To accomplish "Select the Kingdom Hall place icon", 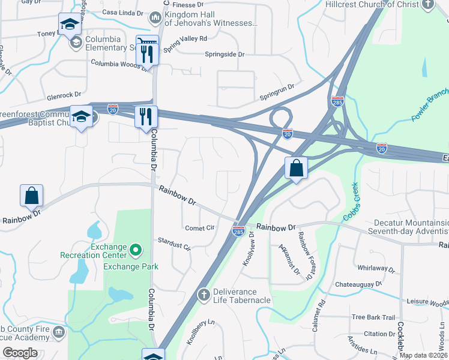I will [155, 18].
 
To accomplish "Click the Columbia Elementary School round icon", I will [77, 43].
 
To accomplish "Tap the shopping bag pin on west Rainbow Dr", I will [31, 196].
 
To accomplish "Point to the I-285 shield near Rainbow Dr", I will [238, 230].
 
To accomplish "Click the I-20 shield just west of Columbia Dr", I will [113, 109].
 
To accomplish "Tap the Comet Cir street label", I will [200, 228].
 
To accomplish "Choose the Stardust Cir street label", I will [173, 245].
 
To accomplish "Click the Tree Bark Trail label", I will [373, 317].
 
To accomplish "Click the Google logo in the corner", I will [20, 353].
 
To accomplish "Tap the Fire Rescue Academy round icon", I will [58, 332].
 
